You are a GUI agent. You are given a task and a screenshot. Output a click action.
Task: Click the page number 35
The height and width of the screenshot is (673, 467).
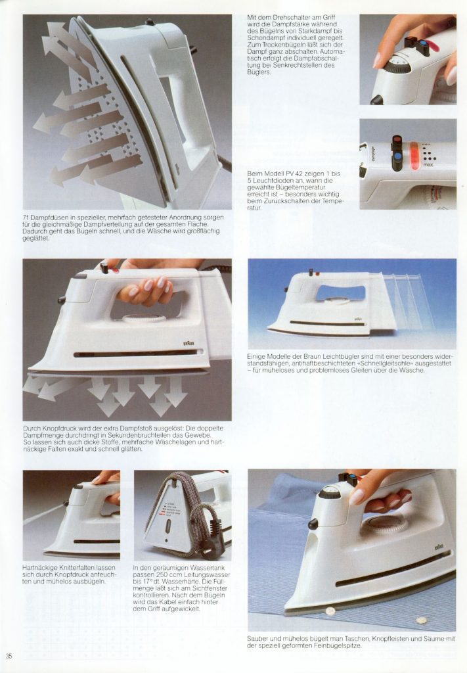pyautogui.click(x=9, y=656)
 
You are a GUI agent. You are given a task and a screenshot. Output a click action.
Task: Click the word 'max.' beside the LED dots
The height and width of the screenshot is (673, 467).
pyautogui.click(x=428, y=164)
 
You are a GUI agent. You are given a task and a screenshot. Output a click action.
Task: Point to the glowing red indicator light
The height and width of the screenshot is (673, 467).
pyautogui.click(x=414, y=152)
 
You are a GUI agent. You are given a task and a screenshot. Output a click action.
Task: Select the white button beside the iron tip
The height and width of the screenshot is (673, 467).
pyautogui.click(x=330, y=611)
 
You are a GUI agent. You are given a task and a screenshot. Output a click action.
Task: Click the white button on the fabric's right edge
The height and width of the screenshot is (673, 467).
pyautogui.click(x=422, y=620)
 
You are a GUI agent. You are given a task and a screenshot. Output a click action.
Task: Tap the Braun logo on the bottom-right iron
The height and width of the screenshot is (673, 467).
pyautogui.click(x=439, y=547)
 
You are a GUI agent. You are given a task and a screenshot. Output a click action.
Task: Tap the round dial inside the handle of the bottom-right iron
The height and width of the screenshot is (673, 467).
pyautogui.click(x=384, y=524)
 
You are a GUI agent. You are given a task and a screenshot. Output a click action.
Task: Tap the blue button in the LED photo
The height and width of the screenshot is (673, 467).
pyautogui.click(x=397, y=155)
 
